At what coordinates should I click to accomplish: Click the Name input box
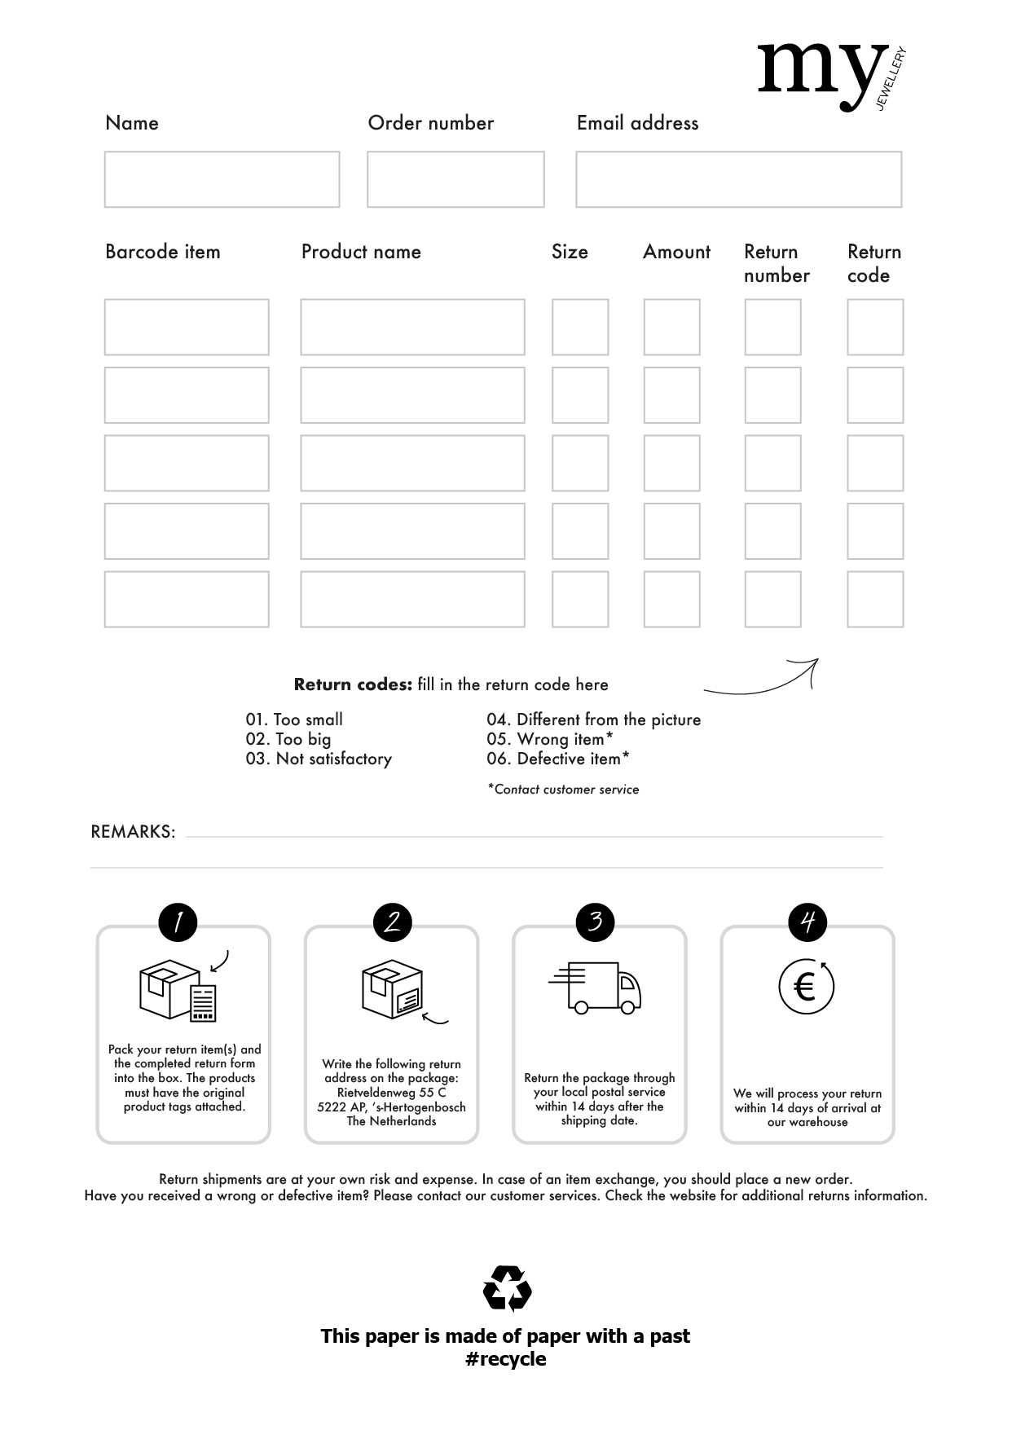tap(222, 179)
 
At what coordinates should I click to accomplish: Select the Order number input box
tap(455, 179)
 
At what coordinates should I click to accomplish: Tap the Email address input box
tap(738, 179)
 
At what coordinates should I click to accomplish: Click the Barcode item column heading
tap(163, 252)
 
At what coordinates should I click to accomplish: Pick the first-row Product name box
tap(412, 327)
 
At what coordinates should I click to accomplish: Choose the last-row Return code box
tap(875, 599)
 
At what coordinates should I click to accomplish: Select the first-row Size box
tap(580, 327)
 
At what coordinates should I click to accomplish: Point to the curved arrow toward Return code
tap(762, 680)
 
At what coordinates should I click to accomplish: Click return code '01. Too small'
tap(294, 719)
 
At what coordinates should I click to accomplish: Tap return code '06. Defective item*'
tap(558, 759)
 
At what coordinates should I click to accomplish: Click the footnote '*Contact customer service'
tap(563, 789)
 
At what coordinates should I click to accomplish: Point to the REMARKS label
tap(133, 832)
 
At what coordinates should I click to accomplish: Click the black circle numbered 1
tap(179, 922)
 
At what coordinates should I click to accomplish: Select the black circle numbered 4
tap(807, 922)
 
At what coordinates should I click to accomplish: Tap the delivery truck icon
tap(596, 987)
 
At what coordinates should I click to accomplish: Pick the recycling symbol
tap(507, 1288)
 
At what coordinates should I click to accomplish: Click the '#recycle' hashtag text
tap(505, 1359)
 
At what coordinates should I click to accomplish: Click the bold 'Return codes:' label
tap(353, 684)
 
